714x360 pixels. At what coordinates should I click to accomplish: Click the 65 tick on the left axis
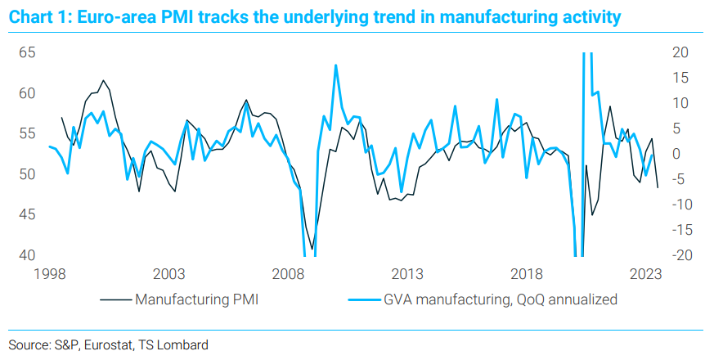click(29, 52)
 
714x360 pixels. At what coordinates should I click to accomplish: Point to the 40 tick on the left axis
click(29, 255)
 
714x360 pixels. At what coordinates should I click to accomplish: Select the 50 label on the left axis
click(29, 174)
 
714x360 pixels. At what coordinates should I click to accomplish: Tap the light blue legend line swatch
click(360, 299)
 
